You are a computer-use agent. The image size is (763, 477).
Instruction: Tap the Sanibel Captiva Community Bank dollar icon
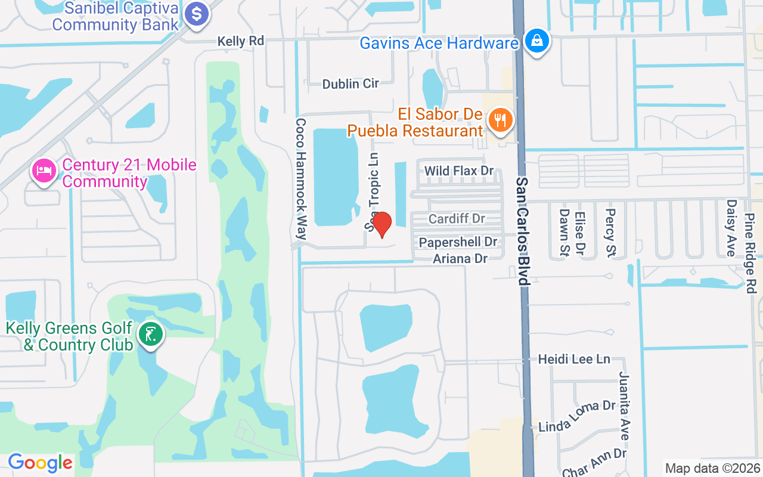point(196,14)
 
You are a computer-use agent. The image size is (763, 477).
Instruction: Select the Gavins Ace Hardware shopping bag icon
point(537,41)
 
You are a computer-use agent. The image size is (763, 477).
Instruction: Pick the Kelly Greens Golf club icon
point(151,334)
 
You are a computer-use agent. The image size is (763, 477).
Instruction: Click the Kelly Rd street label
point(240,41)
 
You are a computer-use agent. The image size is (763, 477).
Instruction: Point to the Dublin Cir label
point(351,84)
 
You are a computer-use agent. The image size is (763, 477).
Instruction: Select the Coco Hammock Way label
point(301,179)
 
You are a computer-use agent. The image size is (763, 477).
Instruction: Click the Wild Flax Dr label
point(459,171)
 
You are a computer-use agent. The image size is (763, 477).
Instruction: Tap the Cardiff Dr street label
point(457,219)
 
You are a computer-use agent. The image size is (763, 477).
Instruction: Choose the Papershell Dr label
point(458,242)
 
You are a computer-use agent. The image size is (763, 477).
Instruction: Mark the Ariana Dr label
point(460,258)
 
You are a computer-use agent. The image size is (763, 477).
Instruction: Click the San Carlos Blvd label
point(523,231)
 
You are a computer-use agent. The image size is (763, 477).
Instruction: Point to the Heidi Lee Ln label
point(574,359)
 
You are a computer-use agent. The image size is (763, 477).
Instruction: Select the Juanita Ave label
point(624,405)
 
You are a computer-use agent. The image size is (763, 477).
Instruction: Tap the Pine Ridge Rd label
point(750,244)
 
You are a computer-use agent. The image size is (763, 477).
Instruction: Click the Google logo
point(40,462)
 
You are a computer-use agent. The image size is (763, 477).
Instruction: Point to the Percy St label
point(610,231)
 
